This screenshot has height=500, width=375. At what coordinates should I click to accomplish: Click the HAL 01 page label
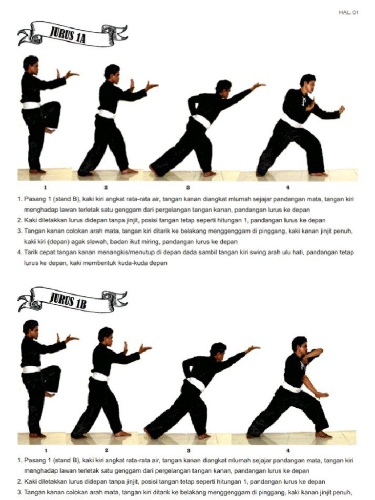[348, 13]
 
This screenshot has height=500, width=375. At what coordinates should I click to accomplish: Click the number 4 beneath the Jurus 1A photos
[288, 187]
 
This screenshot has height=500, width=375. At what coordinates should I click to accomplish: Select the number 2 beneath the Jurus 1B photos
[106, 450]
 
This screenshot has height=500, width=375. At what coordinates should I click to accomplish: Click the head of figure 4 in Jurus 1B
[299, 344]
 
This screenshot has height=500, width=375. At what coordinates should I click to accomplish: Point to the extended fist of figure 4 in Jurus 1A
[342, 109]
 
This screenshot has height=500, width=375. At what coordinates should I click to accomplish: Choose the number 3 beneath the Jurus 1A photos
[187, 187]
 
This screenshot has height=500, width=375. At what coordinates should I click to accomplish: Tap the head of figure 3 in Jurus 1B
[218, 350]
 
